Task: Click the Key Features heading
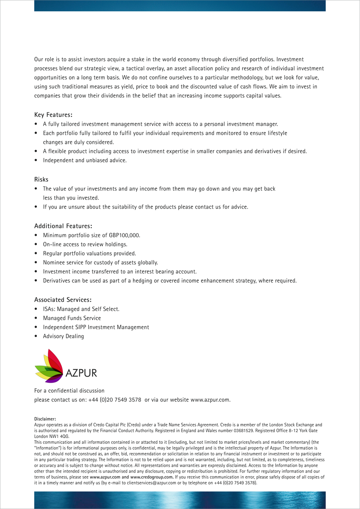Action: click(x=53, y=115)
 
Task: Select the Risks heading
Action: click(x=41, y=180)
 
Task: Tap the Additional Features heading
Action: click(x=64, y=226)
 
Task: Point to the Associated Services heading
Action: click(x=63, y=299)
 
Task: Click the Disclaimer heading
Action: click(x=45, y=419)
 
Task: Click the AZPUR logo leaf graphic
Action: click(x=49, y=366)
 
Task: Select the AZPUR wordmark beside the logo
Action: click(x=81, y=373)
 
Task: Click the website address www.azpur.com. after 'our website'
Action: click(x=210, y=399)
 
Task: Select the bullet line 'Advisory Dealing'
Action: click(x=64, y=336)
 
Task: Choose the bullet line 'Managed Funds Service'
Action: click(x=72, y=318)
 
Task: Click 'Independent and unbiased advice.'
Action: click(x=85, y=160)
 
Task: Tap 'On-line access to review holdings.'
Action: click(x=85, y=244)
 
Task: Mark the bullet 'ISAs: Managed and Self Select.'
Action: click(x=81, y=309)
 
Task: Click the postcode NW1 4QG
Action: click(x=59, y=436)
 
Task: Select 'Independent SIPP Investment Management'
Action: click(x=96, y=327)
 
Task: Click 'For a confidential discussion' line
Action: click(x=69, y=390)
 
